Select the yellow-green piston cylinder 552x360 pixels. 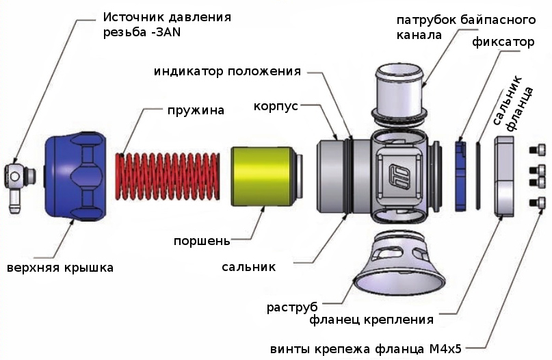coord(261,177)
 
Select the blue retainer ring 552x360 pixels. coord(460,174)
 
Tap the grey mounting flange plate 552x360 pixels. coord(504,176)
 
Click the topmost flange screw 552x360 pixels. coord(538,149)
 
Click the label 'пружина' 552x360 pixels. coord(196,110)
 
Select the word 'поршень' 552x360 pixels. coord(202,241)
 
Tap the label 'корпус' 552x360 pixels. coord(276,107)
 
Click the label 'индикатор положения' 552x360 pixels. coord(228,71)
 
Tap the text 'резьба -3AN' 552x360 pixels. coord(142,31)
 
